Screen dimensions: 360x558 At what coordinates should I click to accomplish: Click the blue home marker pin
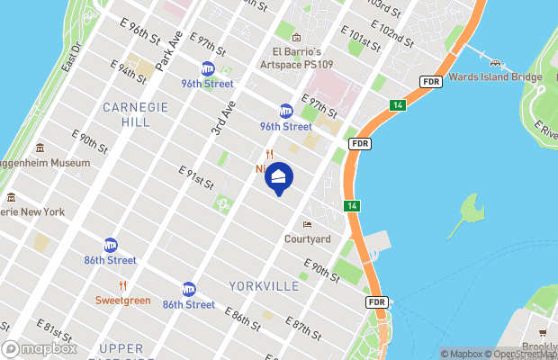click(x=278, y=179)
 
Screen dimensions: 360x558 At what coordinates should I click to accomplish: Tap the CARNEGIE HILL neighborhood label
click(x=135, y=113)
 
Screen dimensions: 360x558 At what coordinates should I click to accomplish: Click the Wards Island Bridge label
click(x=495, y=76)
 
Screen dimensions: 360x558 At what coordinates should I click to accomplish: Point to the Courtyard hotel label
click(x=308, y=238)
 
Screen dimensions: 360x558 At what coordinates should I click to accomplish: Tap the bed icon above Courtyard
click(x=308, y=223)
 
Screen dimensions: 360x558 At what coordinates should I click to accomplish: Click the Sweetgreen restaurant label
click(x=123, y=300)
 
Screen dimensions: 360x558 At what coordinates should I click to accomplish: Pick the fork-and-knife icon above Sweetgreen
click(x=123, y=285)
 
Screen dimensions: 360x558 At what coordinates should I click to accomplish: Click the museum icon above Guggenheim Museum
click(x=40, y=148)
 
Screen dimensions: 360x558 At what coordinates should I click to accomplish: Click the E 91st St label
click(x=195, y=177)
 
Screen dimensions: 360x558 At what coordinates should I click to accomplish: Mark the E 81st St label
click(x=54, y=329)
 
